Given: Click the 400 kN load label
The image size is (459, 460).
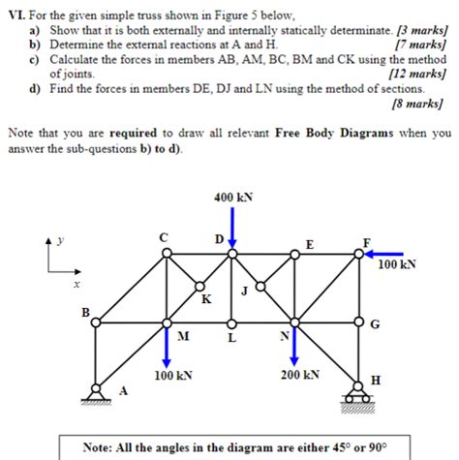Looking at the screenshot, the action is pos(232,198).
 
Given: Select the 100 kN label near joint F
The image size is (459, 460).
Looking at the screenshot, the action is pos(397,264).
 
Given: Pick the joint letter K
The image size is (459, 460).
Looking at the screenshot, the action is pos(206,299).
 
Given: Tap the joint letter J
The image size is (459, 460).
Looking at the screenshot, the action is pos(246,289).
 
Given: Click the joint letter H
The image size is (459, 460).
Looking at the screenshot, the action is pos(376,381).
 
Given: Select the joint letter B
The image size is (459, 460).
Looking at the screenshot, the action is pos(85,312).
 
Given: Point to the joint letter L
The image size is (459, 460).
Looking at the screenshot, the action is pos(230,338).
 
